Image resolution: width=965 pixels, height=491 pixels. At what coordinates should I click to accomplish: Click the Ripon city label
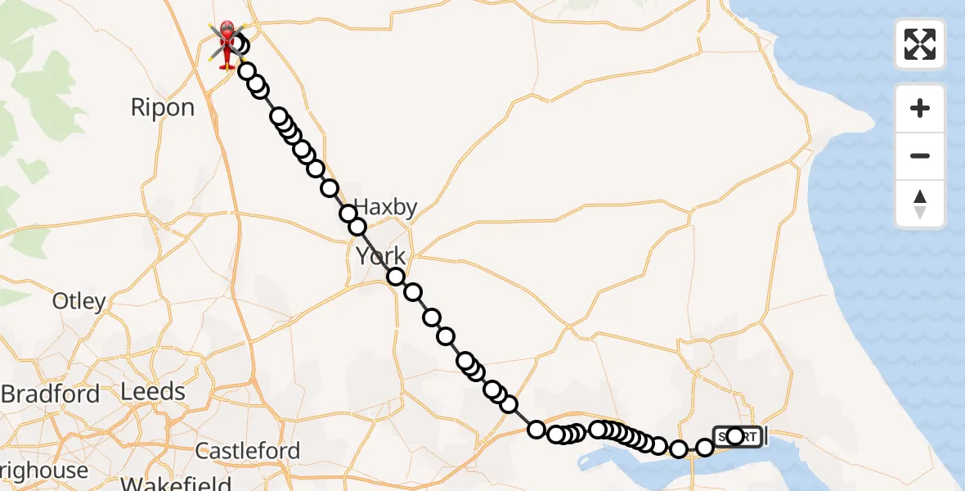163,108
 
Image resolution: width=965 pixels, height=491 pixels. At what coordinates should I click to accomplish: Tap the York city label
380,257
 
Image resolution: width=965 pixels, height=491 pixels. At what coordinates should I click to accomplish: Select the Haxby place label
387,208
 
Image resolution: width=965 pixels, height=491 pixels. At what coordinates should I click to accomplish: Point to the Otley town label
79,301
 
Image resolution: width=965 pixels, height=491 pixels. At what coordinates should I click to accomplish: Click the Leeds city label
153,392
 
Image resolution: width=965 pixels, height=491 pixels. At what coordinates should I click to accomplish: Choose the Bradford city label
51,394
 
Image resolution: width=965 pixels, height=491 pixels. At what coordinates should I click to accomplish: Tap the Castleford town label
248,450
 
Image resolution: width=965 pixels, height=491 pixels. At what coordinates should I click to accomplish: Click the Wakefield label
176,483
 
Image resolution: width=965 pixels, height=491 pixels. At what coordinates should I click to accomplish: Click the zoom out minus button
920,156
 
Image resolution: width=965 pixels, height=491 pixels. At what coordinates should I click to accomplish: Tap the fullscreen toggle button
920,44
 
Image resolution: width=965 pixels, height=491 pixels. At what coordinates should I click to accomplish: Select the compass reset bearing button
920,205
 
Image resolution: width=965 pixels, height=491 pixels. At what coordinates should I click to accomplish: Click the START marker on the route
738,436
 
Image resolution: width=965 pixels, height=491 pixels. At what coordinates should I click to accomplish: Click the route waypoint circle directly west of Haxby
349,214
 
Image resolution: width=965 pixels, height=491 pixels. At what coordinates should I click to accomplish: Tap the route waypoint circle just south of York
396,277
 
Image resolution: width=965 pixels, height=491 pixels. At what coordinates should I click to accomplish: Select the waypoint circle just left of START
704,447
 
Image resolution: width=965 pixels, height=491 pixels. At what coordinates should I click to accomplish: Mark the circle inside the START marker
734,436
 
